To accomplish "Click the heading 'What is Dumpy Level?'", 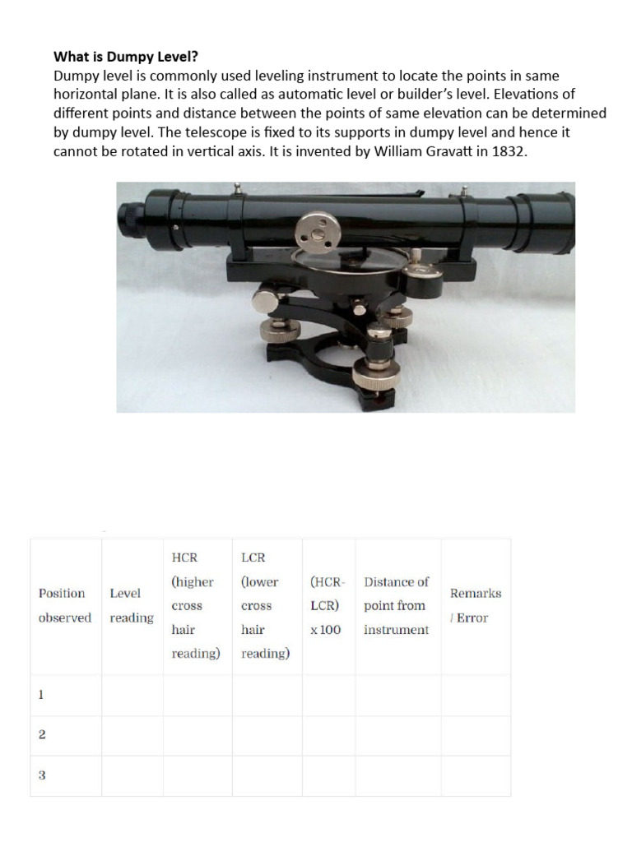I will click(x=126, y=58).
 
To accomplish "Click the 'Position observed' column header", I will click(x=65, y=605).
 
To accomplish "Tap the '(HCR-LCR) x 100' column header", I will click(x=328, y=605).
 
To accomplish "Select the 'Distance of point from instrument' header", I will click(x=397, y=605).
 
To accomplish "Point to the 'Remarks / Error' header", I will click(x=475, y=605).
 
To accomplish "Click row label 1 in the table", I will click(x=40, y=695).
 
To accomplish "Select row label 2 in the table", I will click(x=40, y=735).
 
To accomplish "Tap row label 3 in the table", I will click(x=40, y=775).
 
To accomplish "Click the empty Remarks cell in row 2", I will click(x=475, y=735).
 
